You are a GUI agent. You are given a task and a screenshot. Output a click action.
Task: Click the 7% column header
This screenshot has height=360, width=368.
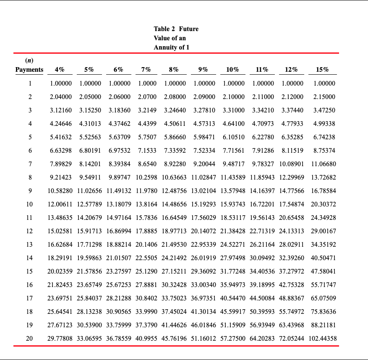[x=146, y=70]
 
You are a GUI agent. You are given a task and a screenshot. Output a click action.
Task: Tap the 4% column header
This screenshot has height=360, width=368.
[x=60, y=70]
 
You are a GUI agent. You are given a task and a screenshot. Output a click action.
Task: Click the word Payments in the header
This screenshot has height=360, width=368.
[x=29, y=70]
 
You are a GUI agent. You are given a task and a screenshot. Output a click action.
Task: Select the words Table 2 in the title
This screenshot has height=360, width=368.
[x=164, y=29]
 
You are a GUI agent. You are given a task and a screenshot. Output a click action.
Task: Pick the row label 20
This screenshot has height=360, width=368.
[x=29, y=339]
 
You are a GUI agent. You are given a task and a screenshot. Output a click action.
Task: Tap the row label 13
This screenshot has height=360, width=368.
[x=29, y=245]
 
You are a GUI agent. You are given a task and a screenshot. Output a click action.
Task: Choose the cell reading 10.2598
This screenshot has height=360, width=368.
[x=146, y=177]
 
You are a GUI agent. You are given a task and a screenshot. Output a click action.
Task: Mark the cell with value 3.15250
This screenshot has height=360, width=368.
[x=90, y=110]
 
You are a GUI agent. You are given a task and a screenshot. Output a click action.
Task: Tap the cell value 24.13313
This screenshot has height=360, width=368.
[x=293, y=231]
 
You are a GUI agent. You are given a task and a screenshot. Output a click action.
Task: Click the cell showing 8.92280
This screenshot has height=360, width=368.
[x=175, y=164]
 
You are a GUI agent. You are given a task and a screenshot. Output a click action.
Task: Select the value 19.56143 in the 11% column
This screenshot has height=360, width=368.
[x=264, y=218]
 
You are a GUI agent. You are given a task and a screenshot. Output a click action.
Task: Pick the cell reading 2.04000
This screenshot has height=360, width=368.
[x=61, y=97]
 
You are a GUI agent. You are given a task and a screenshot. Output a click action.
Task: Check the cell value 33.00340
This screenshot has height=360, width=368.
[x=205, y=285]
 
